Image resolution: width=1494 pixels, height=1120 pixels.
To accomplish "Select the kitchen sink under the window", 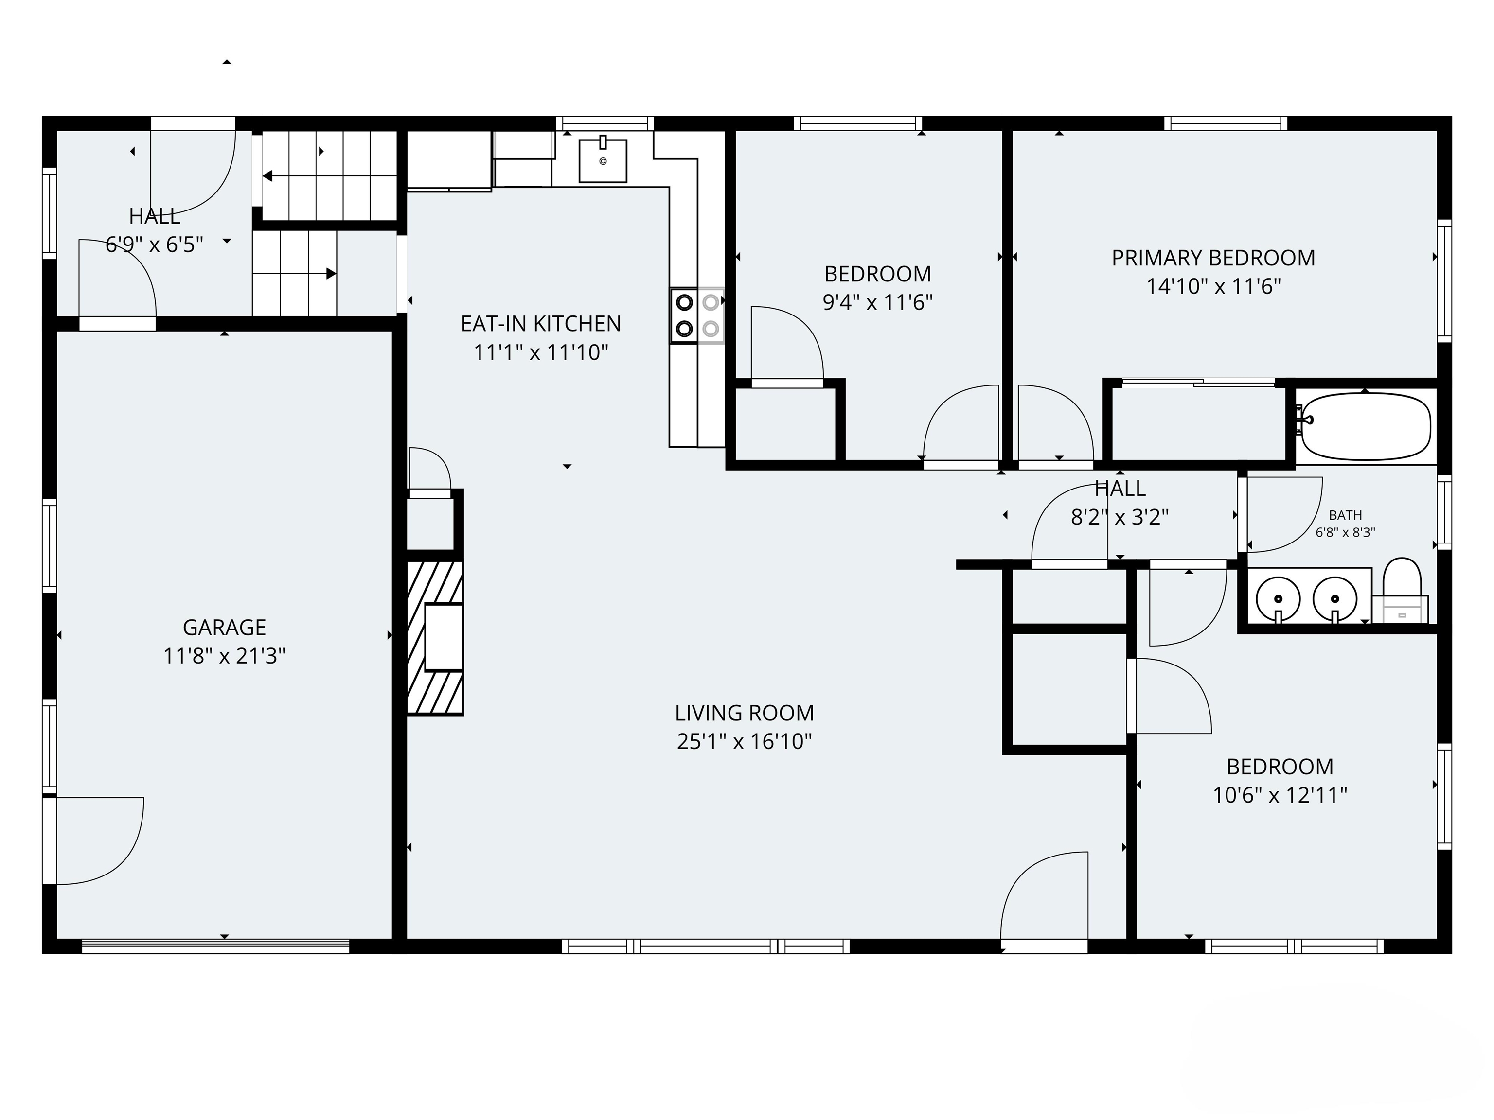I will click(x=603, y=161).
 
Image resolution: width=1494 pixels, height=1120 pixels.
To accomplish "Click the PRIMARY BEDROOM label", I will click(x=1213, y=258).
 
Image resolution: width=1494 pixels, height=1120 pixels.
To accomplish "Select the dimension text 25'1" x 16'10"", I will click(x=744, y=741).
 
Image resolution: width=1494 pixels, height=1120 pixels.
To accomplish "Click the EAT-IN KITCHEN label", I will click(x=540, y=324).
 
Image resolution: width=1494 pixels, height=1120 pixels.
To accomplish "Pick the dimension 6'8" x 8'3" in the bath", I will click(x=1345, y=532).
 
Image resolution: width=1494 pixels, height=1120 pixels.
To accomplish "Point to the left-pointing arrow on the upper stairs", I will click(x=268, y=176).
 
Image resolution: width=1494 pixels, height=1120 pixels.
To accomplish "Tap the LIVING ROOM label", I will click(x=744, y=713).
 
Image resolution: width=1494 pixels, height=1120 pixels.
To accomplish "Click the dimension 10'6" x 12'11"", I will click(x=1279, y=795).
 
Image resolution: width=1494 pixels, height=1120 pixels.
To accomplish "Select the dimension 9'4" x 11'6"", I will click(x=877, y=302).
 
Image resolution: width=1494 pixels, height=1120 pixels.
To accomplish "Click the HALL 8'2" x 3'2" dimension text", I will click(x=1120, y=517).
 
